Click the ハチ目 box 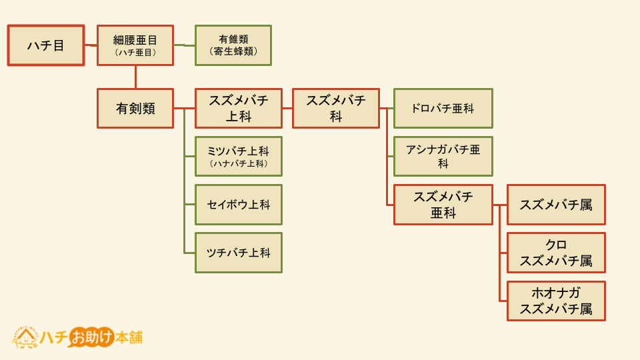click(x=46, y=45)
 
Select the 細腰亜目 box click(x=135, y=45)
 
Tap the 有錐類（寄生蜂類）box click(x=233, y=45)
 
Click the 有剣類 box click(x=135, y=108)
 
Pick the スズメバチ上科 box click(x=239, y=108)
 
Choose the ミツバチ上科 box click(x=239, y=156)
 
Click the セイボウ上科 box click(x=239, y=205)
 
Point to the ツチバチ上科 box click(x=239, y=253)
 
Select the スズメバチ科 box click(x=336, y=108)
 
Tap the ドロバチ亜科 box click(x=443, y=108)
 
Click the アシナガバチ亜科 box click(x=443, y=156)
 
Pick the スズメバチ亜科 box click(x=443, y=205)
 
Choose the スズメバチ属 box click(x=556, y=205)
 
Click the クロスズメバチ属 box click(x=556, y=253)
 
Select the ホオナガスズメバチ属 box click(x=556, y=301)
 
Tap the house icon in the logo click(x=26, y=337)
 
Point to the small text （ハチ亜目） click(x=135, y=53)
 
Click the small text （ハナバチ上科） click(x=239, y=164)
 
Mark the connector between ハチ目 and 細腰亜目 click(x=91, y=45)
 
